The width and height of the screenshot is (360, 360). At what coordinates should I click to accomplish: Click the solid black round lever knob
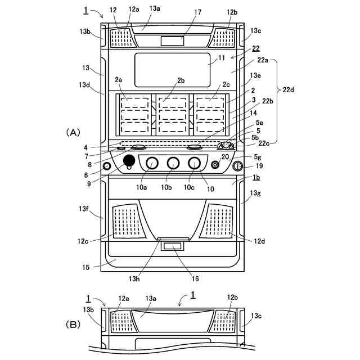tap(129, 160)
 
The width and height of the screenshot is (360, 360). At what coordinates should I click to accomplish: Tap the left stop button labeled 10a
tap(152, 163)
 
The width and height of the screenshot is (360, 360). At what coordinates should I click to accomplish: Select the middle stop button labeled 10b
tap(173, 163)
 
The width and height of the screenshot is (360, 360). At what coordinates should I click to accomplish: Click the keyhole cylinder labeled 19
tap(237, 166)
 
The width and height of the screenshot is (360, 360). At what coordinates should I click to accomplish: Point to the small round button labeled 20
tap(215, 165)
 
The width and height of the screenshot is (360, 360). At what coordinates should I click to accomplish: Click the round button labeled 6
tap(107, 166)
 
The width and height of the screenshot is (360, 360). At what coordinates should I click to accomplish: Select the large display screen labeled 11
tap(173, 70)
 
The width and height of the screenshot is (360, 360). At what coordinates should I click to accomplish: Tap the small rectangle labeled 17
tap(173, 41)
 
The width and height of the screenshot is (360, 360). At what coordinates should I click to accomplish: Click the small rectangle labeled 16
tap(173, 246)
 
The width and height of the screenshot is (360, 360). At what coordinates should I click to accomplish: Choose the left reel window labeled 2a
tap(135, 115)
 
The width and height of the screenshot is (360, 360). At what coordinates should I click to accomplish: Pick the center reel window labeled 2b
tap(173, 115)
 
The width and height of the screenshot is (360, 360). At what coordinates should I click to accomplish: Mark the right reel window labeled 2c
tap(210, 115)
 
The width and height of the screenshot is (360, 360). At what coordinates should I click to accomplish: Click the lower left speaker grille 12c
tap(128, 221)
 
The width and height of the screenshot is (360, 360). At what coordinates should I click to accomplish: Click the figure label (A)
tap(73, 133)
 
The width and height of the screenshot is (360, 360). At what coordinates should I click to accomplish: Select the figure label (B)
tap(73, 325)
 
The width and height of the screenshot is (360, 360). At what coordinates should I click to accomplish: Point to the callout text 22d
tap(288, 89)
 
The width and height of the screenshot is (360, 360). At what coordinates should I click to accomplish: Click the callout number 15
tap(85, 268)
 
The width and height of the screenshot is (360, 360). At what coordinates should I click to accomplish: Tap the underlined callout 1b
tap(256, 177)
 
